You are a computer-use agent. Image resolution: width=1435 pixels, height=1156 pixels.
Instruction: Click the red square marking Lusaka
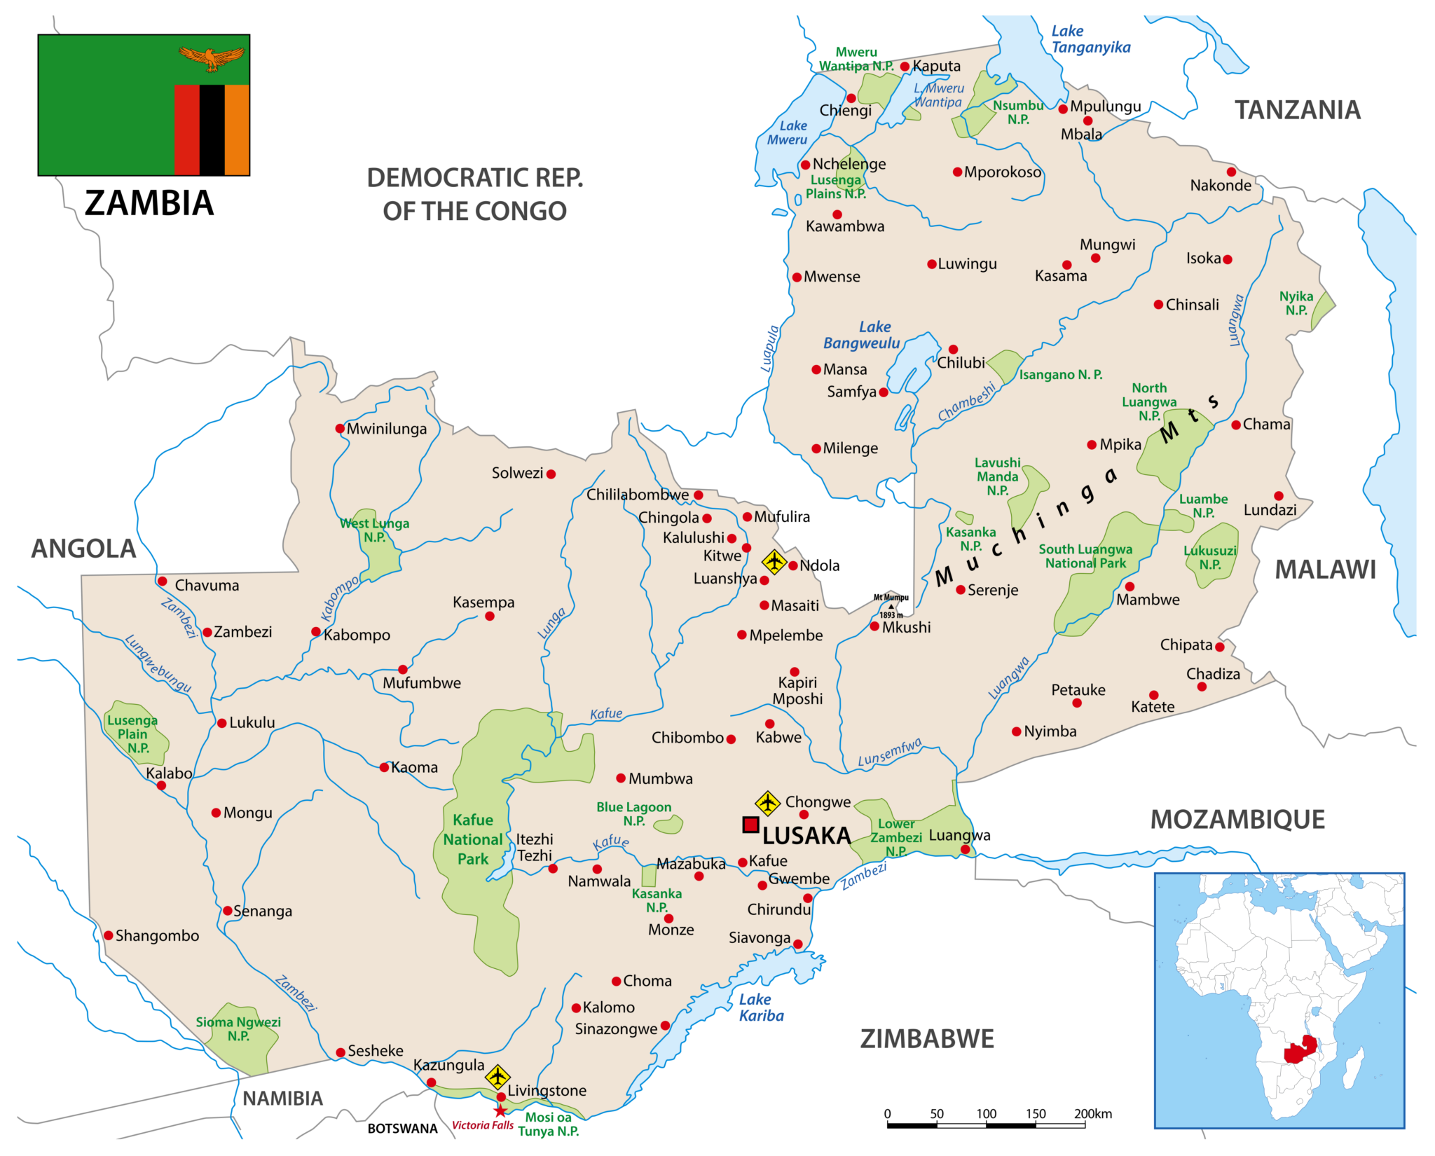[x=750, y=825]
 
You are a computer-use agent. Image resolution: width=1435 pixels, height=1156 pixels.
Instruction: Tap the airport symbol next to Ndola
[x=774, y=561]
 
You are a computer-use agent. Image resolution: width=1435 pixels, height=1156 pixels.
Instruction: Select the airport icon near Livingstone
[x=497, y=1076]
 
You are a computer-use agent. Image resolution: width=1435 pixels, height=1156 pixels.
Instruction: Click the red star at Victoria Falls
[x=500, y=1111]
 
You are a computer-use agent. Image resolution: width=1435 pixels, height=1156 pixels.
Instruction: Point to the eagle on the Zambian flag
[x=212, y=58]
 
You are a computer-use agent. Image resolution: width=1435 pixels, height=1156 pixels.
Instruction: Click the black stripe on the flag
[x=212, y=130]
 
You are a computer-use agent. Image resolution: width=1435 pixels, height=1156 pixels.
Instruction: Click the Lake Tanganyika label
[x=1090, y=39]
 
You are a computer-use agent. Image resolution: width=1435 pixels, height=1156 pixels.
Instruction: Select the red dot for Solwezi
[x=551, y=474]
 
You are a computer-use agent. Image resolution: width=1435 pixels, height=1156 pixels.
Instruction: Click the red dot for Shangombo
[x=109, y=935]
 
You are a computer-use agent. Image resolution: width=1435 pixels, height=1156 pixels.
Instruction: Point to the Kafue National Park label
[x=473, y=839]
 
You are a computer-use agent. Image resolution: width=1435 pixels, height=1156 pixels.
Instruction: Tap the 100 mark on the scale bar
[x=986, y=1114]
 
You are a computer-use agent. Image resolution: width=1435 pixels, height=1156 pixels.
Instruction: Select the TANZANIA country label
[x=1297, y=110]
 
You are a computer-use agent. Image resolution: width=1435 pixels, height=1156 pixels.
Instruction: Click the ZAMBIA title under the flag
[x=149, y=203]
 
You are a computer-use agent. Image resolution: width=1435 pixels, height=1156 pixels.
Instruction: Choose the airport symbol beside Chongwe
[x=767, y=803]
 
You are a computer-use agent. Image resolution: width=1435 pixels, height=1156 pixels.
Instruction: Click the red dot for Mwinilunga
[x=340, y=428]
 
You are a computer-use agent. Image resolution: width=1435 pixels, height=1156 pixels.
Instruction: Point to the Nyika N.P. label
[x=1296, y=303]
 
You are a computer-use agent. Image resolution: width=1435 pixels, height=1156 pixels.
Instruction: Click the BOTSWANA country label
[x=402, y=1129]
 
